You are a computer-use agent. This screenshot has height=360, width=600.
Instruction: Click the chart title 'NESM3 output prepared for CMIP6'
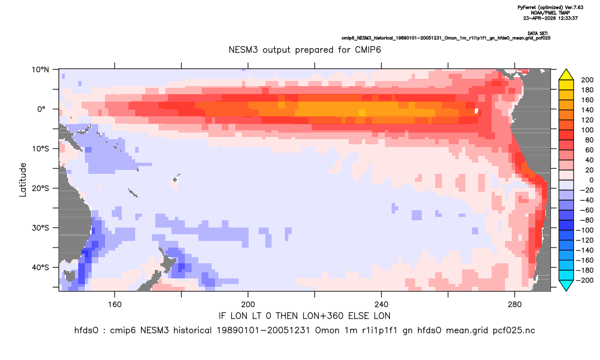[304, 50]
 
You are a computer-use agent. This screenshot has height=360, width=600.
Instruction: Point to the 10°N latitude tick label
[40, 70]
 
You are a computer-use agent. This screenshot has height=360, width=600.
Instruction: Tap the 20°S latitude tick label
[40, 188]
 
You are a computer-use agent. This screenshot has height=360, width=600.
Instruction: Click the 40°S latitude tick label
[40, 267]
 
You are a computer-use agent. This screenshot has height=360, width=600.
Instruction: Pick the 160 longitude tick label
[115, 305]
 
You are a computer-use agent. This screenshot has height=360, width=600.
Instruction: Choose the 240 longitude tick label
[381, 305]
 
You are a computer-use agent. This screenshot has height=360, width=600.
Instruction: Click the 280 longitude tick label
[515, 305]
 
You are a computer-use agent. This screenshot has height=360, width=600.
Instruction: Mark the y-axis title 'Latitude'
[23, 180]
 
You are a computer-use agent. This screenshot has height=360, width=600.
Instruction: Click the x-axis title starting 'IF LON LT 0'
[304, 316]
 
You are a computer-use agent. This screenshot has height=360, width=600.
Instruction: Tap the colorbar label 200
[587, 80]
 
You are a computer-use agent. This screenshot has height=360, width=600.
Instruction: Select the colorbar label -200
[585, 280]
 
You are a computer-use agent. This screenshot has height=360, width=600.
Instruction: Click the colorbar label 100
[587, 130]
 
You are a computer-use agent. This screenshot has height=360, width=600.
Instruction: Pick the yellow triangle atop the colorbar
[566, 75]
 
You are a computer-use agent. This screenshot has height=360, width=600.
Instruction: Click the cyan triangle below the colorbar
[566, 285]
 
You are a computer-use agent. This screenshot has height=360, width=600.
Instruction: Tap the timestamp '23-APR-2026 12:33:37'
[550, 18]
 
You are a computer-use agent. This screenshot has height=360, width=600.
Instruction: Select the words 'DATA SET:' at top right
[537, 34]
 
